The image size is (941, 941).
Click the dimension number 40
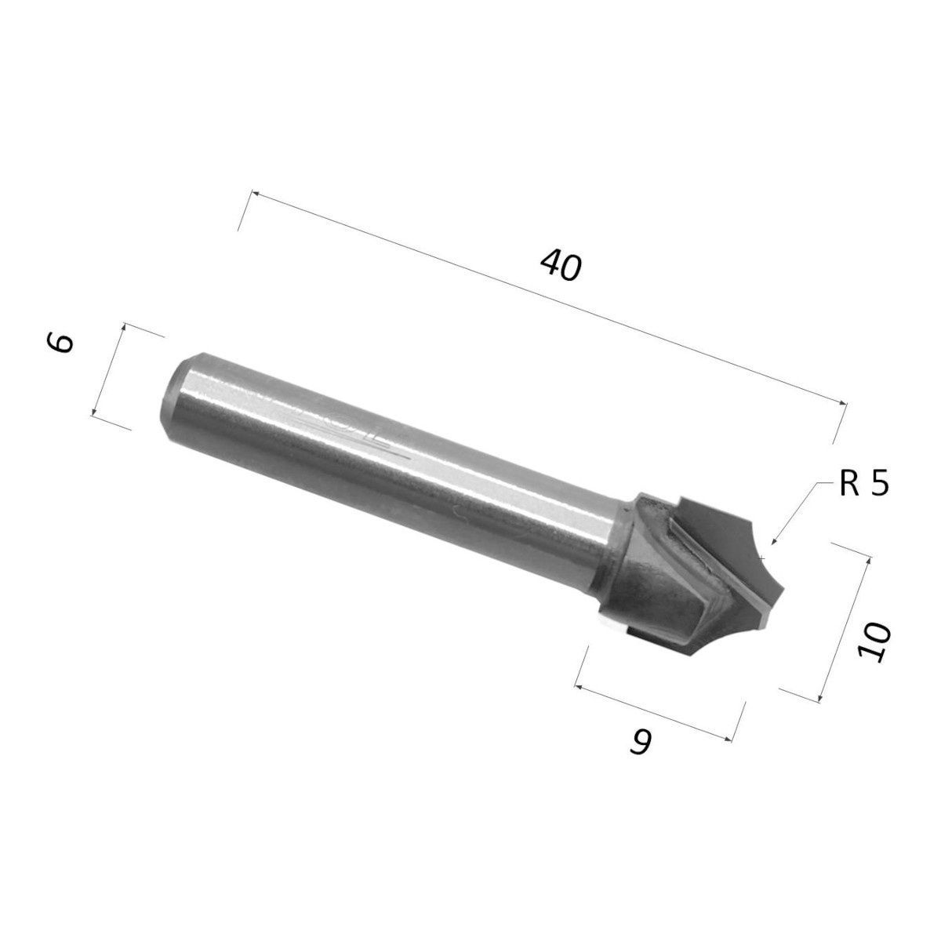[561, 266]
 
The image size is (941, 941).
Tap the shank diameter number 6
[60, 343]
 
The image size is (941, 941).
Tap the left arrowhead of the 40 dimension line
[254, 194]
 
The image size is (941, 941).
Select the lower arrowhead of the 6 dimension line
[93, 412]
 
